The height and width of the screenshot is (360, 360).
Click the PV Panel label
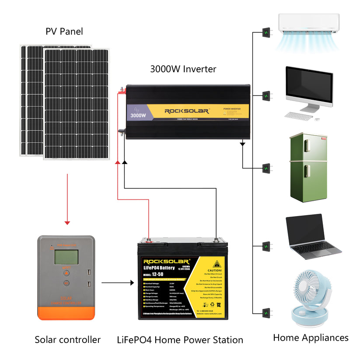(64, 31)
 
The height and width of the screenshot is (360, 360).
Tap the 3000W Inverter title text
(183, 69)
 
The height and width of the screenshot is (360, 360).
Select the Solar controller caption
(68, 339)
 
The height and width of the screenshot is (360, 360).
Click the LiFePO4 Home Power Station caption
(180, 339)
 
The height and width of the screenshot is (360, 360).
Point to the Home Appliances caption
(311, 337)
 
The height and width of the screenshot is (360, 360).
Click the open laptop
(311, 236)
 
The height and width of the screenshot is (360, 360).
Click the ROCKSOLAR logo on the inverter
(187, 111)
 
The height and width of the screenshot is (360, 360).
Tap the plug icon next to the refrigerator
(266, 168)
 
